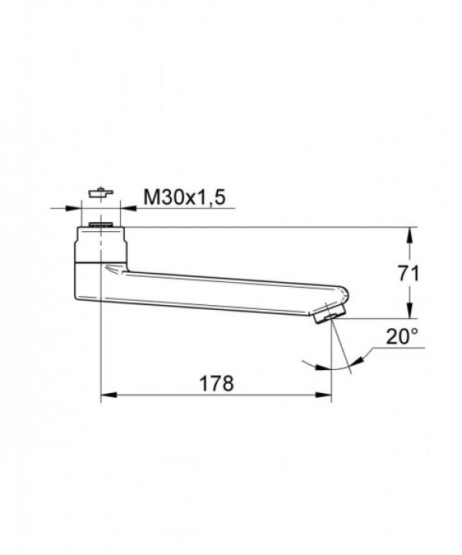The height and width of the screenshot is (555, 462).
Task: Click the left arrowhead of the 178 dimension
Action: pyautogui.click(x=107, y=395)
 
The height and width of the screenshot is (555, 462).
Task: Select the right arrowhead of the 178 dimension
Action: pyautogui.click(x=326, y=395)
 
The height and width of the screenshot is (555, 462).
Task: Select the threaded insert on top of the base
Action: pyautogui.click(x=101, y=226)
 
